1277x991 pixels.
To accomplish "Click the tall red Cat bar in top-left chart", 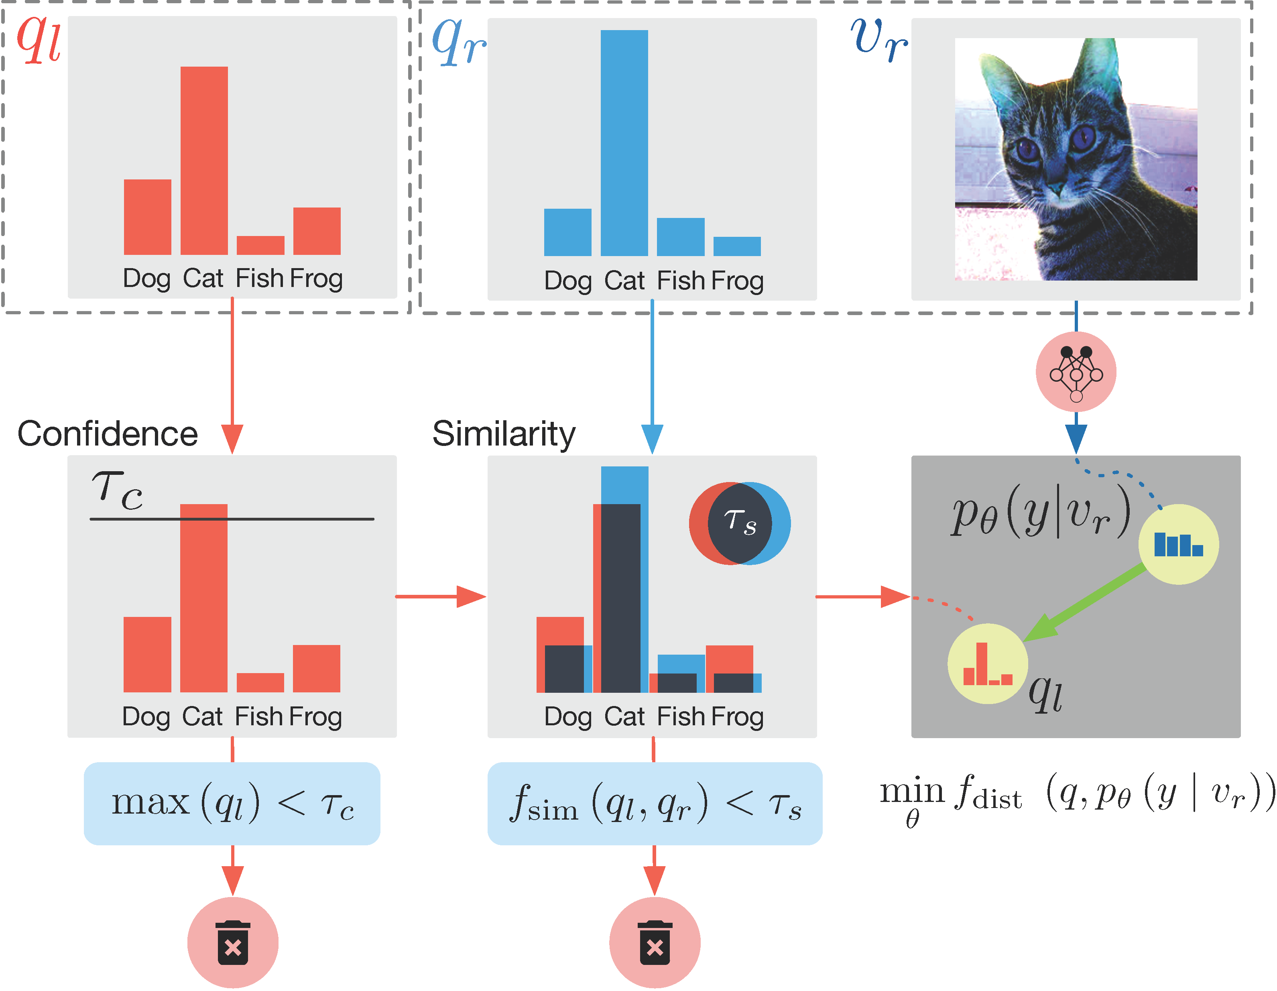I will click(203, 161).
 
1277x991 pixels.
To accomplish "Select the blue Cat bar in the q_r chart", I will click(624, 143).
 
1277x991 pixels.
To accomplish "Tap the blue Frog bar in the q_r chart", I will click(737, 246).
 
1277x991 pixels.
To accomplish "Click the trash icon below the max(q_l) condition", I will click(233, 942).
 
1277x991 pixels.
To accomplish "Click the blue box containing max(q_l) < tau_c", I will click(232, 803).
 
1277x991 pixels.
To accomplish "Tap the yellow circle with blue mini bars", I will click(1178, 544).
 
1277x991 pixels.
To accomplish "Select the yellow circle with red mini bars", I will click(988, 663).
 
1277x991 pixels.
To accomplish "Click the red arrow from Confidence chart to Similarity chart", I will click(441, 596).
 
